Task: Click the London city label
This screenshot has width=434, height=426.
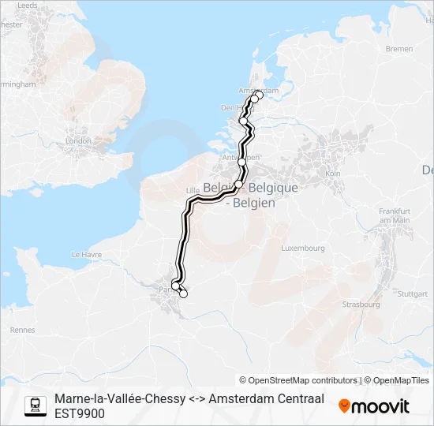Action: tap(79, 140)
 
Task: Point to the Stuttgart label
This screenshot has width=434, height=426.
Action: tap(412, 293)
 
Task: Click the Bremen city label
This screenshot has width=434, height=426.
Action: tap(398, 49)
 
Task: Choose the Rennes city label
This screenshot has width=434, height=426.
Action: tap(23, 330)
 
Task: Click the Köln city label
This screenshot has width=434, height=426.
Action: tap(332, 173)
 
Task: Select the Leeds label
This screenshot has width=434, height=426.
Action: tap(26, 5)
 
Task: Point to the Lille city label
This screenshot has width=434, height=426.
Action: tap(192, 191)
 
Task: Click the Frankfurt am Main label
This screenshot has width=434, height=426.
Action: tap(395, 215)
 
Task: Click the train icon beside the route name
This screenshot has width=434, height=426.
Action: tap(35, 405)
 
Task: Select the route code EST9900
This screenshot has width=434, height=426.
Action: tap(80, 413)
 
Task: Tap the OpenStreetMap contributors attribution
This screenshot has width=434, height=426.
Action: tap(298, 380)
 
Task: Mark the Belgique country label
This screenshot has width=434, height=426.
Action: tap(270, 188)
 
